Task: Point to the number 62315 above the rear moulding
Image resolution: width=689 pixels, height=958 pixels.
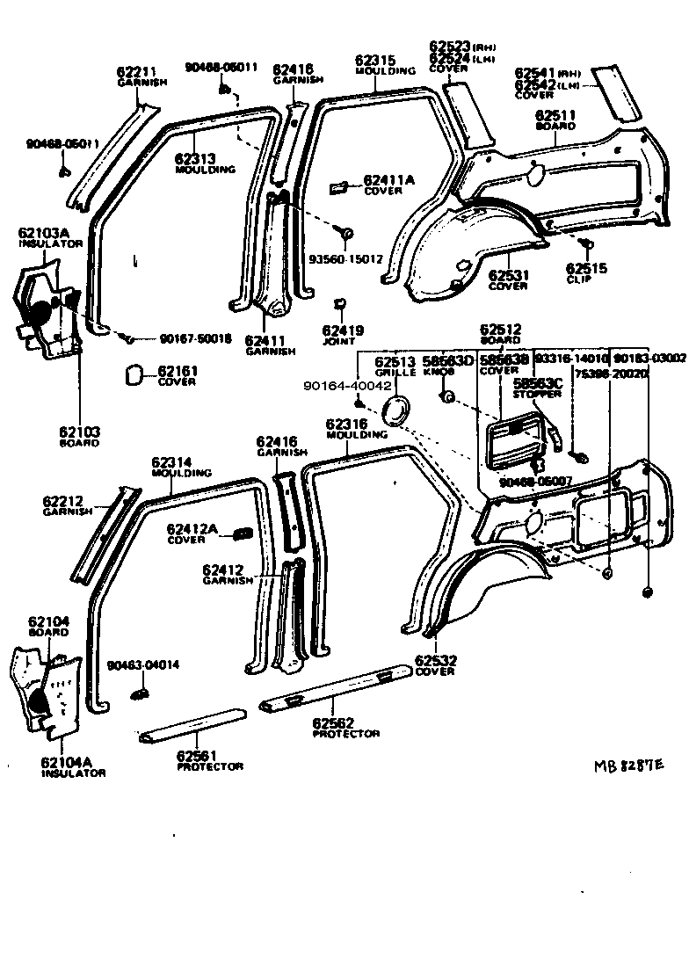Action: (x=375, y=61)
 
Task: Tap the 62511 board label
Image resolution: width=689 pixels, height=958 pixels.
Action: (x=555, y=115)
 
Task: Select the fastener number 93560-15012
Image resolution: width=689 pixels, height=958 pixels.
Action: (x=345, y=259)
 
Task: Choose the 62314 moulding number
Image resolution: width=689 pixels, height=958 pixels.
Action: (x=171, y=462)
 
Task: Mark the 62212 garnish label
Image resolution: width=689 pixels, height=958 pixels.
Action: (x=62, y=502)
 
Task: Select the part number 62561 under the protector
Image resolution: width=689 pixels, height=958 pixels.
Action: (x=197, y=755)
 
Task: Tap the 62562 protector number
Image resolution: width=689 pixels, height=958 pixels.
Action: (x=333, y=722)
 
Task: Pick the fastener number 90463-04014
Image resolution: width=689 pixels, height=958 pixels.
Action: (x=143, y=664)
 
